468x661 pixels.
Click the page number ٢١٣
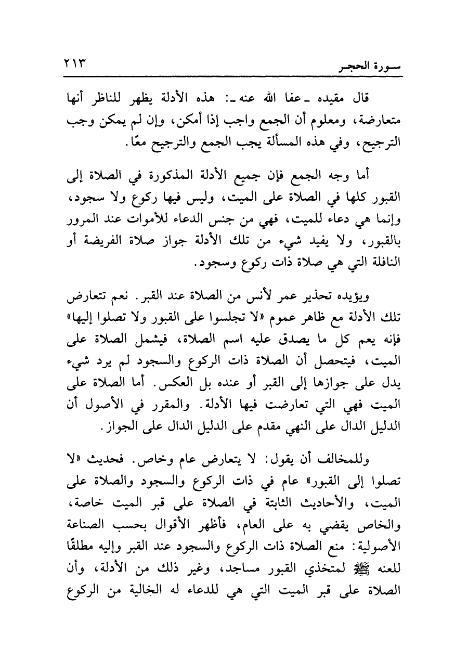pos(75,64)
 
